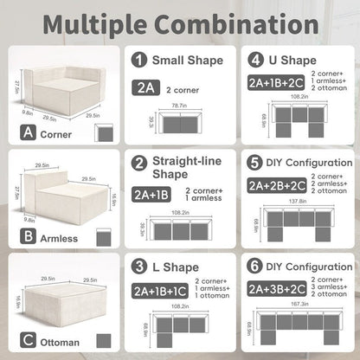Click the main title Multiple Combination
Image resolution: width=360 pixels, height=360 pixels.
click(180, 22)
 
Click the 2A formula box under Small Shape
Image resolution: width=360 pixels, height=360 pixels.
click(145, 87)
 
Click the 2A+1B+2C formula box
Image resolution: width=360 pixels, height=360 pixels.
click(276, 82)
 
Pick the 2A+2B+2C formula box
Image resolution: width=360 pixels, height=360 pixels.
click(276, 184)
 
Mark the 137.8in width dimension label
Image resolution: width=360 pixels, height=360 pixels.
click(299, 200)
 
